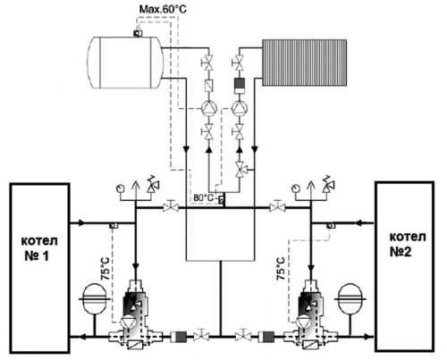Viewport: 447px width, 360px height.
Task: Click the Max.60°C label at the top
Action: [163, 9]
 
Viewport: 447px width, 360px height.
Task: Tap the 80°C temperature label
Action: [203, 197]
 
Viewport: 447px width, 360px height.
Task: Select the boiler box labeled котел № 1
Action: [39, 268]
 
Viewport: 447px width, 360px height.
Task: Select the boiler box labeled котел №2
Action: [404, 266]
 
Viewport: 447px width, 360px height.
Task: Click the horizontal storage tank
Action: [125, 63]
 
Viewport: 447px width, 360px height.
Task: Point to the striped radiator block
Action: [304, 63]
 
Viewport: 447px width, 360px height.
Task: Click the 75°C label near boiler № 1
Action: [105, 268]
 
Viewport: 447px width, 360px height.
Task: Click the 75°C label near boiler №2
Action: [281, 268]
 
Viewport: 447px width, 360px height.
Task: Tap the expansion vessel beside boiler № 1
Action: [94, 299]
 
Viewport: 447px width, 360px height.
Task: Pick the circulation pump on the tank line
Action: [209, 108]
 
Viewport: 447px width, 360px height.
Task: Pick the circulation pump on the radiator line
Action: [239, 108]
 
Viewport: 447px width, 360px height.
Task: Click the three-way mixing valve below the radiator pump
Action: [240, 170]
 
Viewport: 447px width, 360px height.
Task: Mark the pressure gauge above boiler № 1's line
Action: [121, 188]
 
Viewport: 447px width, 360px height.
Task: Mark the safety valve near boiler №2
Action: [329, 184]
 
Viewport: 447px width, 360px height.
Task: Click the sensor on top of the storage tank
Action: [138, 33]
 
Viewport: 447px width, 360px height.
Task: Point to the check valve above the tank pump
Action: [209, 86]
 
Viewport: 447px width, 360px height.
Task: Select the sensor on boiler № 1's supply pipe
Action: [114, 225]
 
